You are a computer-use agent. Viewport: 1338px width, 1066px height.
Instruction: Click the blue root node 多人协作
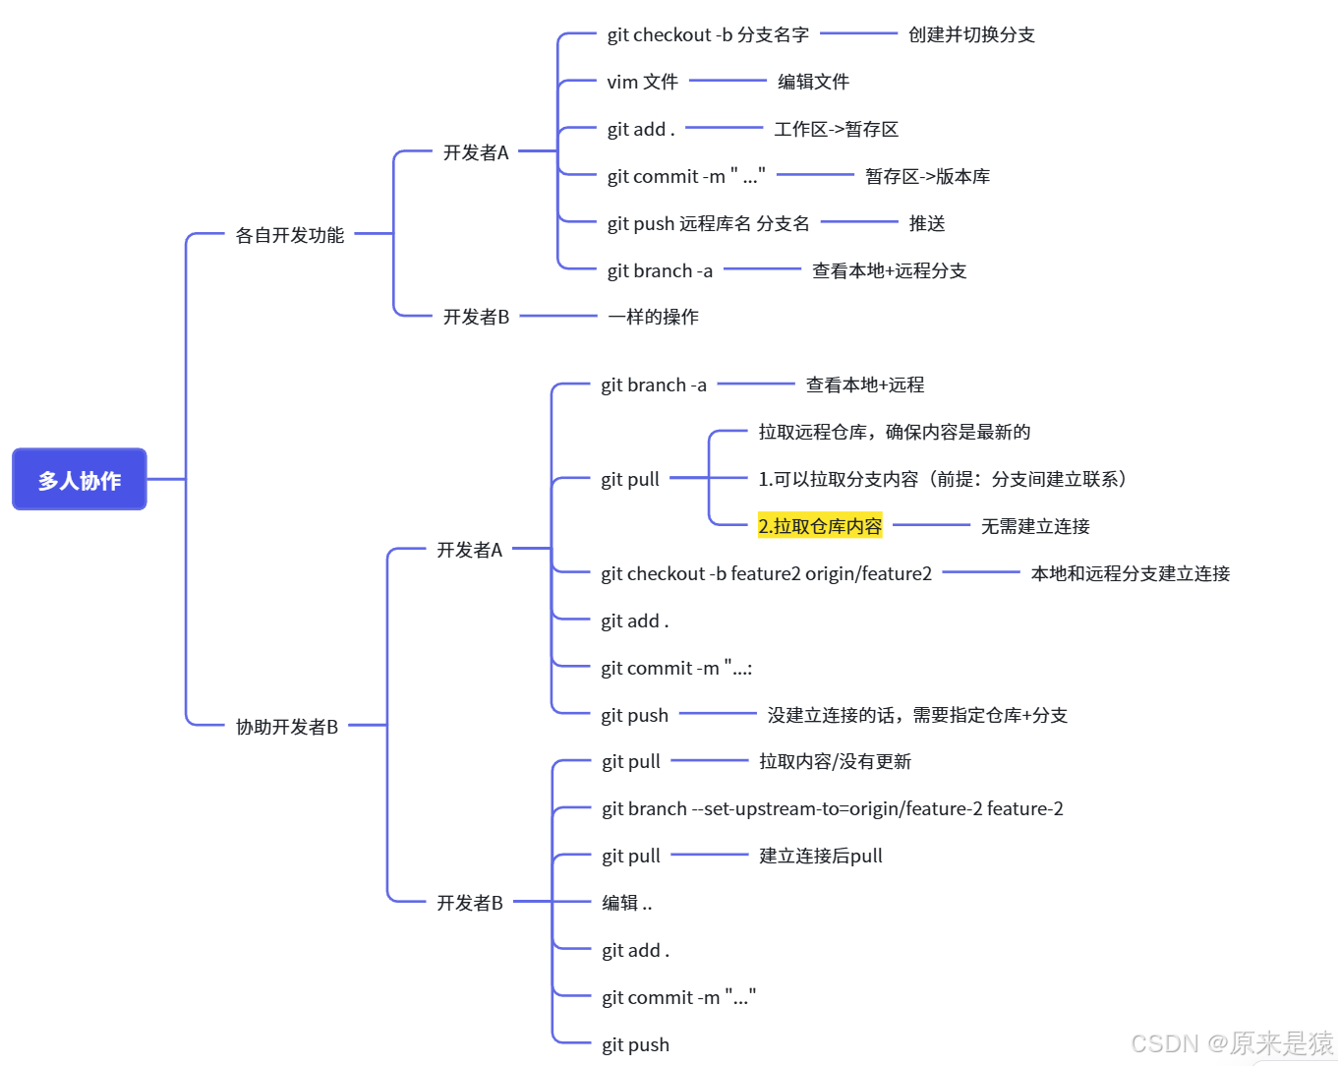coord(80,480)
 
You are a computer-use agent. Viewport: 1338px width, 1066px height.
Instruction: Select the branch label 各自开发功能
coord(290,235)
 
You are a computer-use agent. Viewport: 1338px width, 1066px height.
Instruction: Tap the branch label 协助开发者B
coord(287,727)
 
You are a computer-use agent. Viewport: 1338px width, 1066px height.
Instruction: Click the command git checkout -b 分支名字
coord(708,35)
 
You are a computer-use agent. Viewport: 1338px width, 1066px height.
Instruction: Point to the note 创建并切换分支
coord(971,35)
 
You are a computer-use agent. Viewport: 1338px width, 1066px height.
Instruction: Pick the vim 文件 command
coord(643,82)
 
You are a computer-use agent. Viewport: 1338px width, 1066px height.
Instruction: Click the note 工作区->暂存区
coord(837,129)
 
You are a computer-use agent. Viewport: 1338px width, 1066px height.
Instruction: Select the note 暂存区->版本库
coord(927,176)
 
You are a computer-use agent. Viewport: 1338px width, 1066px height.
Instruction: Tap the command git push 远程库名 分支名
coord(708,223)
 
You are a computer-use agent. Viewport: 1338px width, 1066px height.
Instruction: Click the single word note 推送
coord(927,223)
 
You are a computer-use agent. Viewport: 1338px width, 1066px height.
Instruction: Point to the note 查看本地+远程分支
coord(890,270)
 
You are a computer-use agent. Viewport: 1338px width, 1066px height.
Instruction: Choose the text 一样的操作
coord(654,317)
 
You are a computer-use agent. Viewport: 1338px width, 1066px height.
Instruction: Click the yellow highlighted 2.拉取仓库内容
coord(820,526)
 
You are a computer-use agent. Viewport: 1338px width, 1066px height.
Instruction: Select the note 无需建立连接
coord(1035,526)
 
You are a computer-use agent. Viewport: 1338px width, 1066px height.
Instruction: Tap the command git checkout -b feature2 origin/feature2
coord(766,573)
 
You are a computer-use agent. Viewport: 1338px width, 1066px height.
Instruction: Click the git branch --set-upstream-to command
coord(832,808)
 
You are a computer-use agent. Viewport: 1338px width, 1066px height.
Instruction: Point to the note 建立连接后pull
coord(821,856)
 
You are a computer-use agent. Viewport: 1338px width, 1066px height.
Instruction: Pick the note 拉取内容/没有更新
coord(835,761)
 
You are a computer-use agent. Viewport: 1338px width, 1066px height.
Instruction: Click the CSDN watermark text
coord(1232,1043)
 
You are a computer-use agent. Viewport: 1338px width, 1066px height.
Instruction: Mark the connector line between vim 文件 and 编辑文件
coord(727,81)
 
